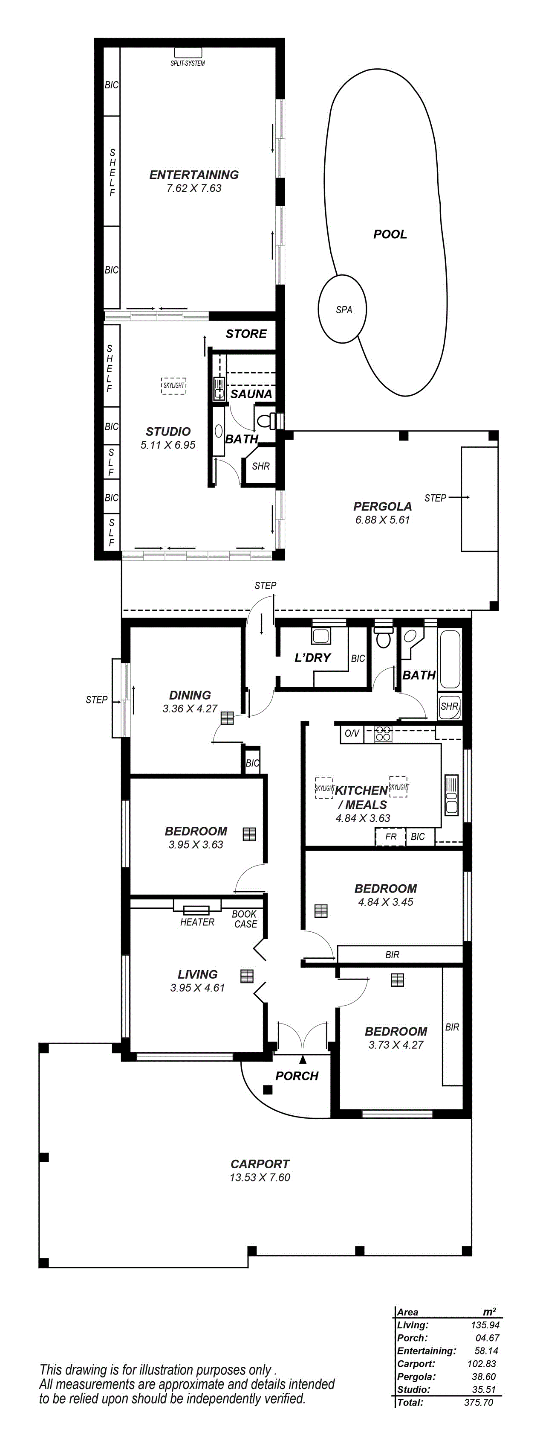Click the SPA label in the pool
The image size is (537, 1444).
[x=344, y=309]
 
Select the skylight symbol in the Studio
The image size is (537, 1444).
[x=173, y=386]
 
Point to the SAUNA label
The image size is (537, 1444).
[x=251, y=394]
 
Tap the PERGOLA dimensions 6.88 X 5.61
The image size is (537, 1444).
[x=382, y=519]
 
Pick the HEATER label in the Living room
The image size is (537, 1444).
[x=197, y=922]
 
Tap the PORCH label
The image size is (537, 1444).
[x=297, y=1076]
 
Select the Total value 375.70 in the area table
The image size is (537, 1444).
[x=479, y=1402]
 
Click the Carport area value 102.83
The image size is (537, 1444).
[x=482, y=1364]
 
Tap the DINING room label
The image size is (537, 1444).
[x=190, y=695]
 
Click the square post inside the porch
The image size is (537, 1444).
[x=268, y=1089]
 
